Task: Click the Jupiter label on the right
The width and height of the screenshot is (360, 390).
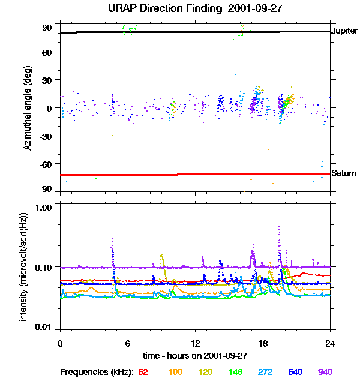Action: pos(344,31)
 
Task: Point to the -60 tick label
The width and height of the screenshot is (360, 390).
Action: pos(46,164)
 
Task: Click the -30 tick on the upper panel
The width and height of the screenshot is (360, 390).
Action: pos(46,136)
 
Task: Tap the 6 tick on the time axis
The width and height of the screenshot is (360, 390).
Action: pos(128,343)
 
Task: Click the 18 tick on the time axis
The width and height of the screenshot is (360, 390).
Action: pos(263,343)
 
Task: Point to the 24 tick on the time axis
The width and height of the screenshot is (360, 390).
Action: pos(330,343)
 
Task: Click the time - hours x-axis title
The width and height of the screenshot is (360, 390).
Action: pos(195,355)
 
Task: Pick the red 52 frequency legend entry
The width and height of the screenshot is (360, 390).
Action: pos(143,372)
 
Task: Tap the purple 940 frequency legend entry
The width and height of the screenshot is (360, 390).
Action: pos(325,372)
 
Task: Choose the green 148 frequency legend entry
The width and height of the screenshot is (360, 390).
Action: pos(235,372)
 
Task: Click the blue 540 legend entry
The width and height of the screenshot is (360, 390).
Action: pos(294,372)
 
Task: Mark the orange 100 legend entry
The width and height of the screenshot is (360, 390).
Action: pos(175,372)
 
